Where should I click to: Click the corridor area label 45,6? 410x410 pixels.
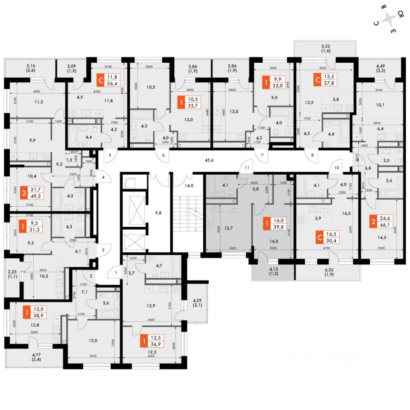pos(209,161)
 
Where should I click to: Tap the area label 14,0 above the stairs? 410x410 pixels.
pos(188,185)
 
